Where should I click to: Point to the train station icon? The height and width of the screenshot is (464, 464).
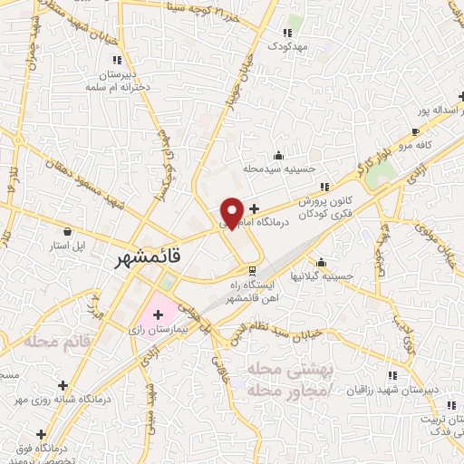pos(252,271)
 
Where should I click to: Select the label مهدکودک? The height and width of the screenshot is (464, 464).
pos(295,44)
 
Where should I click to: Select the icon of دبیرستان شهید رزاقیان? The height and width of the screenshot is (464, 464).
pos(392,375)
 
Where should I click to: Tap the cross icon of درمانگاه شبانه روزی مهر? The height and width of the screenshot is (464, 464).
pos(63,384)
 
